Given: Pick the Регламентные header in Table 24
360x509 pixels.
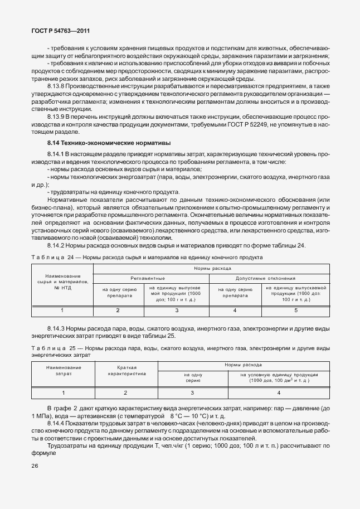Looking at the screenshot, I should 147,278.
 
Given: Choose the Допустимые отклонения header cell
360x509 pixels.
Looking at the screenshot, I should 266,278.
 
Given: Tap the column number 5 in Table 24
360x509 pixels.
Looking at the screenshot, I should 296,310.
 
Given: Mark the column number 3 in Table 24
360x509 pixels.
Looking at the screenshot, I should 177,310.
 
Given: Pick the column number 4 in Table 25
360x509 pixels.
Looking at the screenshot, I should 279,393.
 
